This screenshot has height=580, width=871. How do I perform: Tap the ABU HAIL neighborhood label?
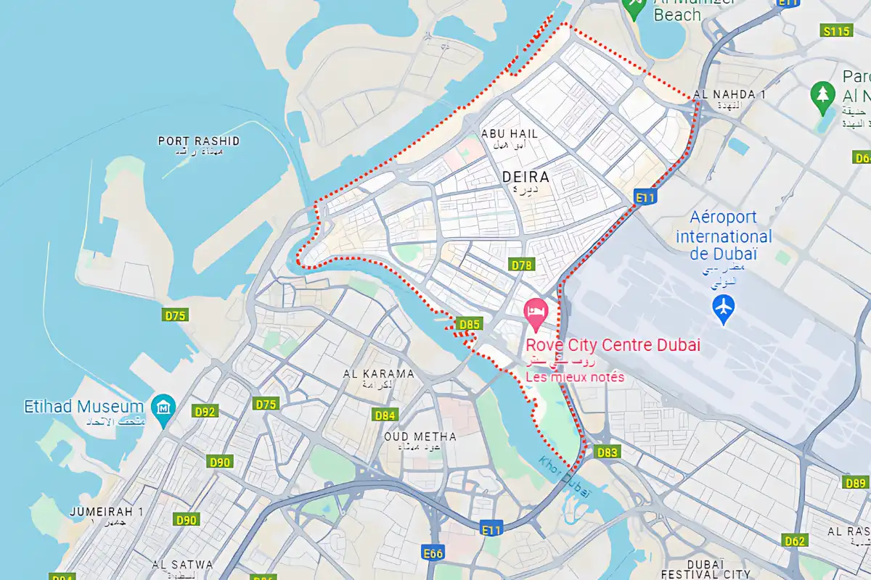pos(510,134)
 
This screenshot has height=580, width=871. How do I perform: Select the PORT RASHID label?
pos(199,141)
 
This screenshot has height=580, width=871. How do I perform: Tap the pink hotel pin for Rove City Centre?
pos(536,312)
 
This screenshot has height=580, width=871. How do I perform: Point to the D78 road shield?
pos(521,265)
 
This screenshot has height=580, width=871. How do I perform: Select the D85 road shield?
pos(469,324)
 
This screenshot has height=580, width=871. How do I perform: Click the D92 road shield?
pos(205,412)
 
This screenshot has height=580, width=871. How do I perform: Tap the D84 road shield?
pos(385,415)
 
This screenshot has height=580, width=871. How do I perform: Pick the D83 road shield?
pos(608,452)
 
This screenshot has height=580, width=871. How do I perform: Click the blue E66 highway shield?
pos(433,554)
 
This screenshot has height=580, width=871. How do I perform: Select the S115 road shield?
pos(836,31)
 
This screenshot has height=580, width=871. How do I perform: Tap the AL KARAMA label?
pos(378,374)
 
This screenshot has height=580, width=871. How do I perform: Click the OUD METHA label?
pos(420,436)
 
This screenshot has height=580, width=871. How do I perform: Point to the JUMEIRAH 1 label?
pos(106,512)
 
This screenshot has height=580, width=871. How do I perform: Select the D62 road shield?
pos(796,540)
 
